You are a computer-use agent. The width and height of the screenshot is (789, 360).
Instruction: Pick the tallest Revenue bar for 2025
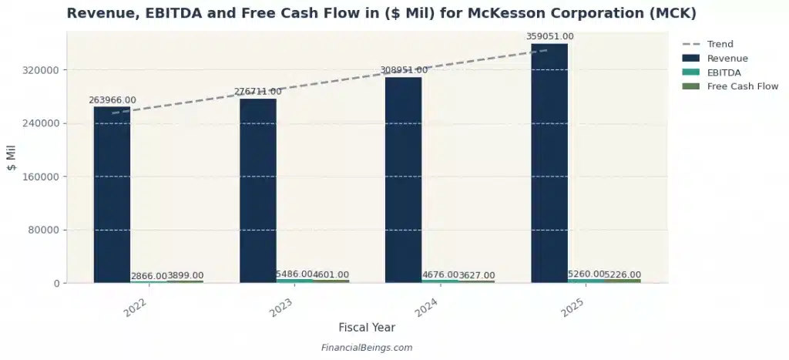coord(549,163)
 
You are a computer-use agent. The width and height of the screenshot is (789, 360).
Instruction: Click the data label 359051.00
coord(549,36)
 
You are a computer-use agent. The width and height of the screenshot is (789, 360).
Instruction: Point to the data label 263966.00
coord(112,100)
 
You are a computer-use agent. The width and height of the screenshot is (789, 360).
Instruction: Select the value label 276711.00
coord(258,92)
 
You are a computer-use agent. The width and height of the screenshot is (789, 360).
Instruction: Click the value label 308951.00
coord(404,70)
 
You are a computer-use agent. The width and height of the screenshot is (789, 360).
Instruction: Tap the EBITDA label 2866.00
coord(149,276)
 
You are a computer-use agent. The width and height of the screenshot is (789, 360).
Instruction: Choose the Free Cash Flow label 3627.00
coord(477,276)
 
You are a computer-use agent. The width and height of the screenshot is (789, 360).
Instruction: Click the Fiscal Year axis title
coord(366,328)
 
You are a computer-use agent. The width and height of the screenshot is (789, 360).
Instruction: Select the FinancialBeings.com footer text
coord(366,348)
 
